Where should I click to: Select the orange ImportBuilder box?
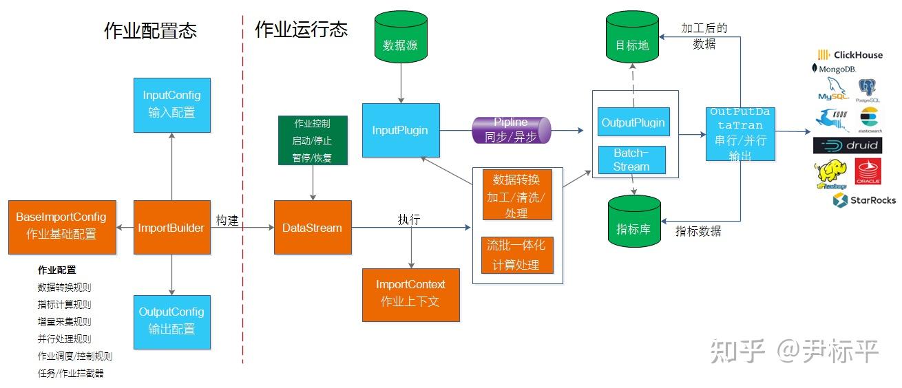(x=171, y=227)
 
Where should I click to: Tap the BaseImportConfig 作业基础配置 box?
(x=61, y=226)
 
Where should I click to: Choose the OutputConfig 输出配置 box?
(x=171, y=321)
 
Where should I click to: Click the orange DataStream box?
(x=313, y=228)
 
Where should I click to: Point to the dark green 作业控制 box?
(x=313, y=140)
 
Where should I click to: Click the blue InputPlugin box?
(x=401, y=130)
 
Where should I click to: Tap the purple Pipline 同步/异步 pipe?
(x=511, y=130)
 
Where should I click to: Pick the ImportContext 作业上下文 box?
(x=410, y=294)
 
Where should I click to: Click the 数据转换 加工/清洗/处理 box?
(x=517, y=195)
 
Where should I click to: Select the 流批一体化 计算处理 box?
(x=517, y=255)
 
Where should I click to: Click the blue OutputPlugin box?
(x=633, y=122)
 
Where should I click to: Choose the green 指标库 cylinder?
(x=632, y=221)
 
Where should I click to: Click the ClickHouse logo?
(x=850, y=55)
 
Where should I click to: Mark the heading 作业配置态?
(x=150, y=31)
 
